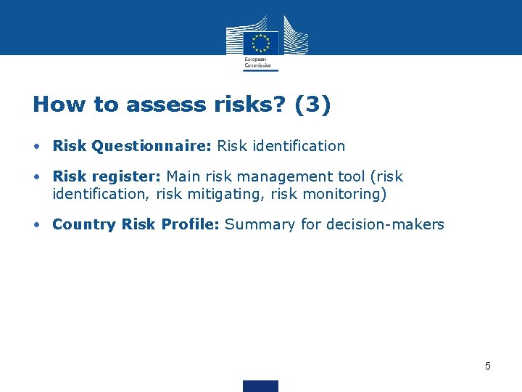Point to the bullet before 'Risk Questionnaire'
(x=36, y=146)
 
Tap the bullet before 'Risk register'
(x=36, y=177)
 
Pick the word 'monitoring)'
(x=347, y=194)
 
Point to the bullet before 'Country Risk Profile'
(x=36, y=224)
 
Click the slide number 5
(x=487, y=366)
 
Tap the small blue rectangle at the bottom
(x=260, y=385)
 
